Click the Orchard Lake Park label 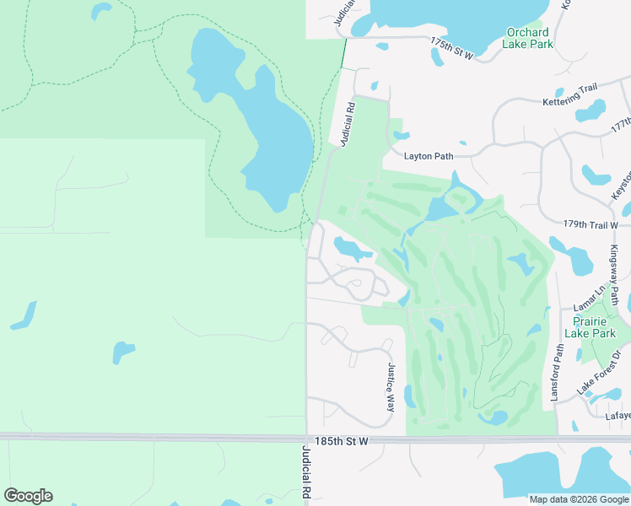coord(529,38)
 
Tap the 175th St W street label coord(452,47)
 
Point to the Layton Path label coord(429,156)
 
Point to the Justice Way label coord(391,387)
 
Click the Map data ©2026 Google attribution coord(578,499)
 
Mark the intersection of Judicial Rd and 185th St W coord(306,439)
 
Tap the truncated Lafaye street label coord(618,414)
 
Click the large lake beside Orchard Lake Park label coord(422,17)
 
